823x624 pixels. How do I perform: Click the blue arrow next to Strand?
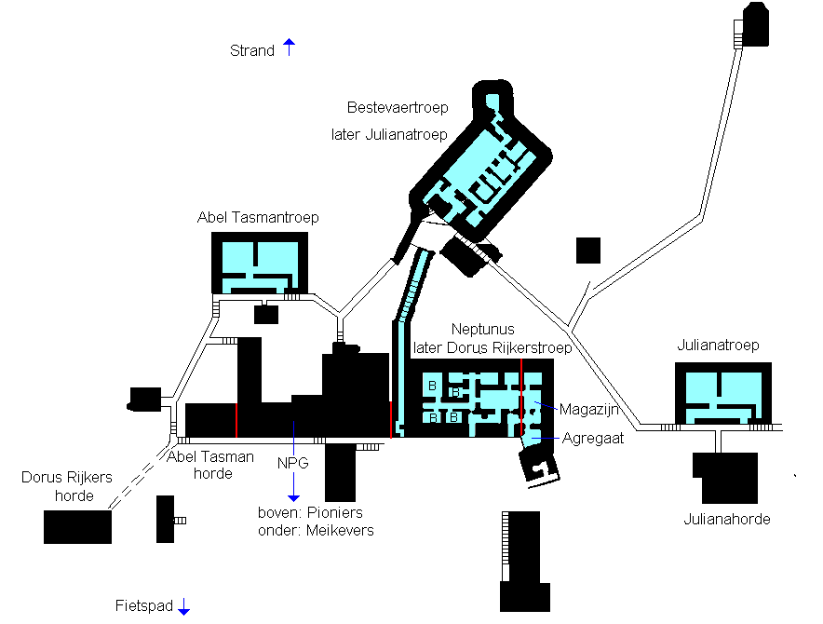click(289, 47)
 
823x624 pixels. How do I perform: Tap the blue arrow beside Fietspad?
click(183, 606)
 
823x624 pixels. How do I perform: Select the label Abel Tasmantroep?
click(258, 217)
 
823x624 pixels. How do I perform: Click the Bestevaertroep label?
click(398, 108)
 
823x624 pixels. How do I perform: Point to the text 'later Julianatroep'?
click(389, 134)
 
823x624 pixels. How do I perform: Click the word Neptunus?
click(482, 330)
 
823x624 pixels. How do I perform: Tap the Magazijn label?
click(589, 409)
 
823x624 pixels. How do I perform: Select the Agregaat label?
click(593, 438)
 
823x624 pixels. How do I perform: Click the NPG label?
click(292, 463)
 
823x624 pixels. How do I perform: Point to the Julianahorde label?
click(727, 519)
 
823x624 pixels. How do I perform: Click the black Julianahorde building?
click(726, 478)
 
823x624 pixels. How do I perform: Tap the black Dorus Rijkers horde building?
click(77, 527)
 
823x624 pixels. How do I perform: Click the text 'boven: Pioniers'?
click(310, 512)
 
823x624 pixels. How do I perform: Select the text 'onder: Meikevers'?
click(316, 530)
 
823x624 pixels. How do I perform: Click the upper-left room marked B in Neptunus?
click(432, 387)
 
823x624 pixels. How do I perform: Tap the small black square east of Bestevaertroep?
click(588, 251)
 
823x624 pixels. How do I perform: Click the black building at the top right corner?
click(755, 25)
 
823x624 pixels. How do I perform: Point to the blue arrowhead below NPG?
click(293, 497)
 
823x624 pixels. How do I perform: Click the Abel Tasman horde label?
click(210, 466)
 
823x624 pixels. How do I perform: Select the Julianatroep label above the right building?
click(718, 346)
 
